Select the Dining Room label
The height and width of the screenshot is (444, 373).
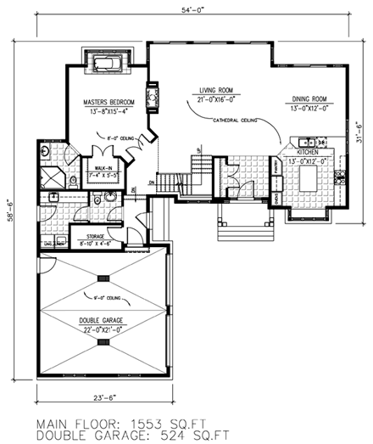[309, 98]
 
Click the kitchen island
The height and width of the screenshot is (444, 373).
[307, 180]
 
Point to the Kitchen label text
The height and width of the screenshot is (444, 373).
[307, 153]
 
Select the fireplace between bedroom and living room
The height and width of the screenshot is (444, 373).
[153, 95]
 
